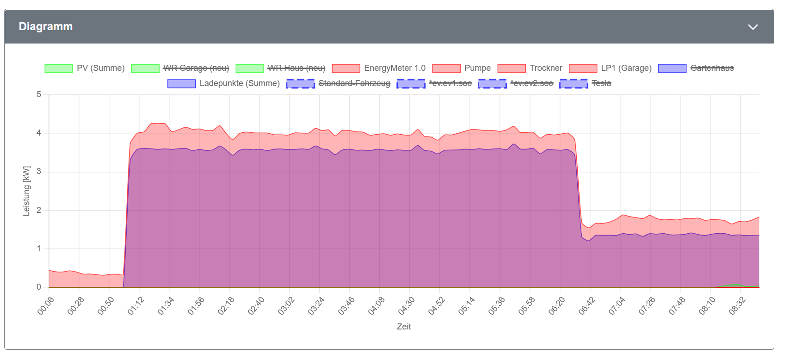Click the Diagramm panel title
[46, 26]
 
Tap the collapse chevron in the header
[753, 27]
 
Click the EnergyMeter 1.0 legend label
[395, 68]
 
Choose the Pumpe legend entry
[477, 68]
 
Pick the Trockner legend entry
[546, 68]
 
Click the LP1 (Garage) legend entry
[626, 68]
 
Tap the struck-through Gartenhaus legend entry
[712, 68]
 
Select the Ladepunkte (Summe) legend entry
[239, 83]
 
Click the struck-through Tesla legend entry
[601, 83]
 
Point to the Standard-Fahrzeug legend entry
[354, 83]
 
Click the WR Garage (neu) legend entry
[196, 68]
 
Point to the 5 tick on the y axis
[39, 94]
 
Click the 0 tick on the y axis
[39, 287]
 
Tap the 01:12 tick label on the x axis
[136, 306]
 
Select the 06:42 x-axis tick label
[586, 306]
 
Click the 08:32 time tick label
[737, 306]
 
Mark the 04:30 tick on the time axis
[406, 306]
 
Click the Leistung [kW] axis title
[26, 191]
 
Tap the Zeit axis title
[404, 327]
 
